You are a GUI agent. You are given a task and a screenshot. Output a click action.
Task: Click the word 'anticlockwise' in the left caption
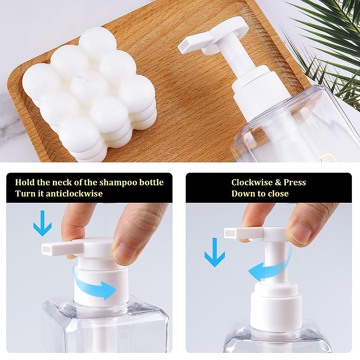74,193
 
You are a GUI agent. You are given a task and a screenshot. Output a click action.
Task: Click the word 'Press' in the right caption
295,182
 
